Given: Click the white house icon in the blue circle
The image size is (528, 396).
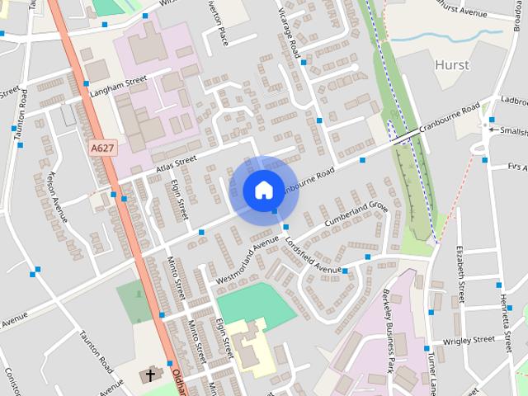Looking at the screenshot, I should coord(262,190).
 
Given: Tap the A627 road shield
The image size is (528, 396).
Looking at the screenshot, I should coord(102,148).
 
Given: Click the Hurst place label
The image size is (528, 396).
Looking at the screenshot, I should coord(451,65).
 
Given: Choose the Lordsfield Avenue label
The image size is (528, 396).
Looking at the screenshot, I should coord(313,256).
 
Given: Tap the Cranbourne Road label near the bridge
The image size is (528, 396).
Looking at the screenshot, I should coord(449,120).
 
